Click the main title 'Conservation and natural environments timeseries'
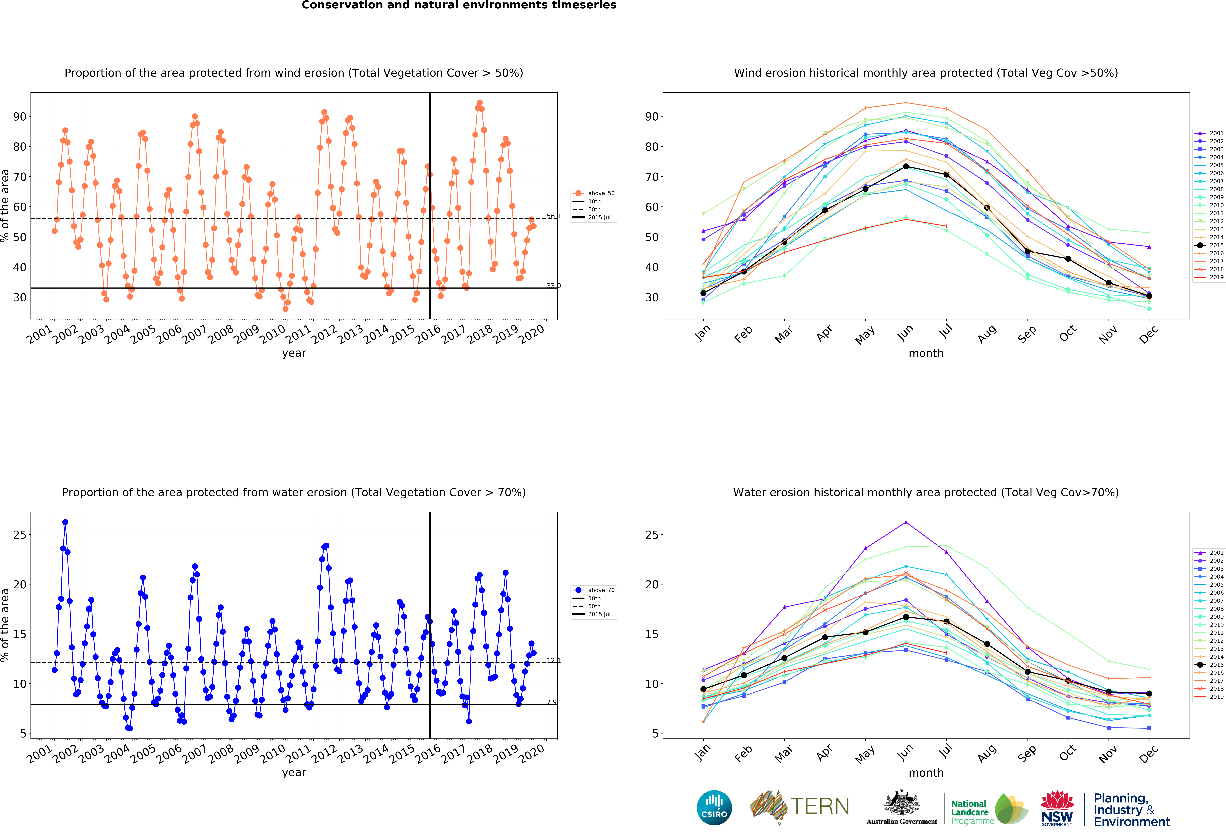458,5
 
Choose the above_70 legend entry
595,590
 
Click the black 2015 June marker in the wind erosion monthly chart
906,167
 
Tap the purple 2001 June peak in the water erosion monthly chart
906,523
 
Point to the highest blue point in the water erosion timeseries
65,523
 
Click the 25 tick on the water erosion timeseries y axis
19,535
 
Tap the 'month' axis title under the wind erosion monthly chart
926,353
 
